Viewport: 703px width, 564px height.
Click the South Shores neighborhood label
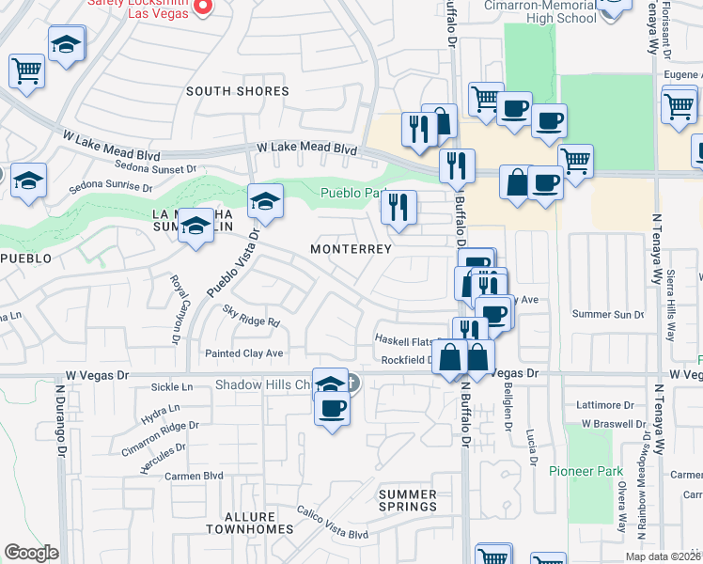click(x=237, y=91)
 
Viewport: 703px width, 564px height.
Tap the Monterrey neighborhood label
click(x=351, y=249)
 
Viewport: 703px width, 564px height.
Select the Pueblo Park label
click(x=350, y=194)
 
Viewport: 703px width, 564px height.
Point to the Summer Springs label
click(x=408, y=500)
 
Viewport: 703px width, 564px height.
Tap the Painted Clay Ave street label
click(x=244, y=353)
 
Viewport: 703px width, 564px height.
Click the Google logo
click(x=31, y=553)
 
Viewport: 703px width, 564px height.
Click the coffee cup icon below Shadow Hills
click(x=332, y=409)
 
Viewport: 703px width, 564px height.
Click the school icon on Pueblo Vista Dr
click(x=265, y=200)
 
